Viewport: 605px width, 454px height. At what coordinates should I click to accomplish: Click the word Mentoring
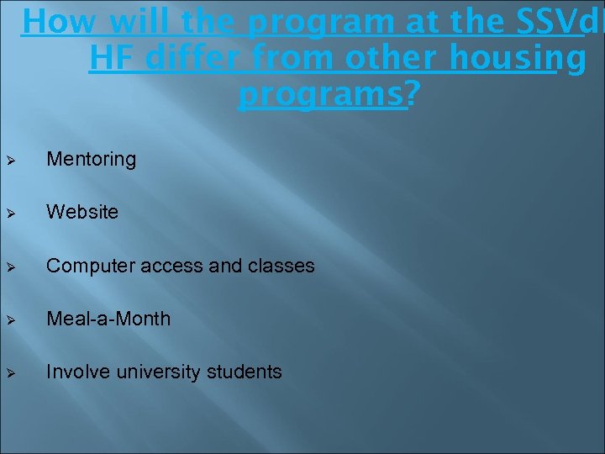(91, 159)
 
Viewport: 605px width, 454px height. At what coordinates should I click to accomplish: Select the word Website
(82, 212)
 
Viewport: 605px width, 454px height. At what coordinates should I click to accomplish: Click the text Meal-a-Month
(108, 319)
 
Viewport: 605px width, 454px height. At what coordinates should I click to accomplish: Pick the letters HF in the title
(108, 59)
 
